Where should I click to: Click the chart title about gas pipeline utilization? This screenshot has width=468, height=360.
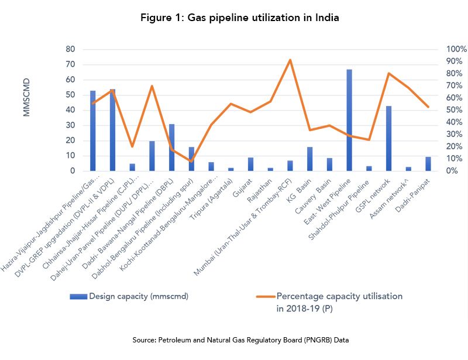[240, 18]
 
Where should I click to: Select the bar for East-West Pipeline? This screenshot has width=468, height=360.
[349, 120]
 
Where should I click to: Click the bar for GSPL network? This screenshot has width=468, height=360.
[388, 138]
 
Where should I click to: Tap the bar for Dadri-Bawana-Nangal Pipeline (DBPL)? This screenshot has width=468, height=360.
[171, 148]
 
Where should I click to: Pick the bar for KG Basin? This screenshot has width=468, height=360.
[309, 159]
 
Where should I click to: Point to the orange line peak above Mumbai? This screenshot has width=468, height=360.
[290, 60]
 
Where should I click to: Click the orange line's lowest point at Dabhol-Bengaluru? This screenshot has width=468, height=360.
[191, 161]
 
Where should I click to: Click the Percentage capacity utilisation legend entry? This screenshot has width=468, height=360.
[339, 301]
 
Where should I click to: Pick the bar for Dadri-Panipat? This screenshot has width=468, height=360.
[428, 164]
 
